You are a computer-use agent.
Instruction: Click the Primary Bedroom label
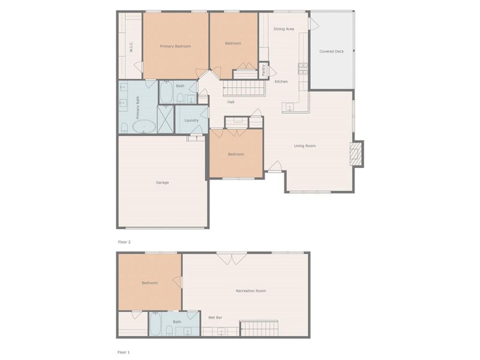click(x=175, y=46)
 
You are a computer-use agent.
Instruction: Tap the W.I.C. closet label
click(x=131, y=46)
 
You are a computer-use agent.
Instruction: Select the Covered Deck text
click(x=331, y=52)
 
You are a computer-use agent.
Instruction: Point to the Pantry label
click(x=263, y=70)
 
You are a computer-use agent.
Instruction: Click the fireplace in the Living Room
click(x=357, y=153)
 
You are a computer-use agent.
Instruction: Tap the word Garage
click(x=162, y=182)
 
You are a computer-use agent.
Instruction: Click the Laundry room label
click(x=191, y=121)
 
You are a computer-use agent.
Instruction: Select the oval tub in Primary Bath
click(x=144, y=127)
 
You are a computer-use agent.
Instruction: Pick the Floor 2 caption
click(x=124, y=242)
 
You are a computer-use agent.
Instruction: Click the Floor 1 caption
click(x=124, y=352)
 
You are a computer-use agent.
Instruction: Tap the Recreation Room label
click(x=251, y=291)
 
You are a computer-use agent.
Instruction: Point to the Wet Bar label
click(x=215, y=317)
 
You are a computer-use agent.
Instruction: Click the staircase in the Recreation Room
click(x=259, y=328)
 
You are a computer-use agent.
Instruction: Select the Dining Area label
click(x=284, y=29)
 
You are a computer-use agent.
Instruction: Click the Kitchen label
click(x=281, y=82)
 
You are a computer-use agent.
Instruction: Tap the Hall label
click(x=230, y=102)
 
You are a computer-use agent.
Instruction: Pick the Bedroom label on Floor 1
click(x=149, y=283)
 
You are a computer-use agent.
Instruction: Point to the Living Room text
click(x=305, y=146)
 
